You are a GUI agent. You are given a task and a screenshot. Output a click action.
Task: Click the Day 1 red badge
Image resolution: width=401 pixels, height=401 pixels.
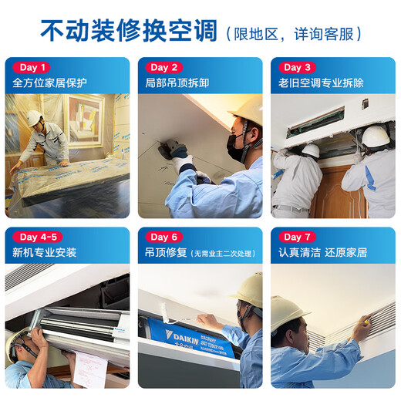point(33,67)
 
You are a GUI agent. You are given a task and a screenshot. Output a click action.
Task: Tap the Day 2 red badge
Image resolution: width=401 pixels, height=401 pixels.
point(165,67)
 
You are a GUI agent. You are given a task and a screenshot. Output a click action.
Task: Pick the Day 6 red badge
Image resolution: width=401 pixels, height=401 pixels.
point(165,237)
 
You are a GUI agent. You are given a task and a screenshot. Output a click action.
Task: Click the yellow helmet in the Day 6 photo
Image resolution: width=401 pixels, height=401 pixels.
point(248,288)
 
